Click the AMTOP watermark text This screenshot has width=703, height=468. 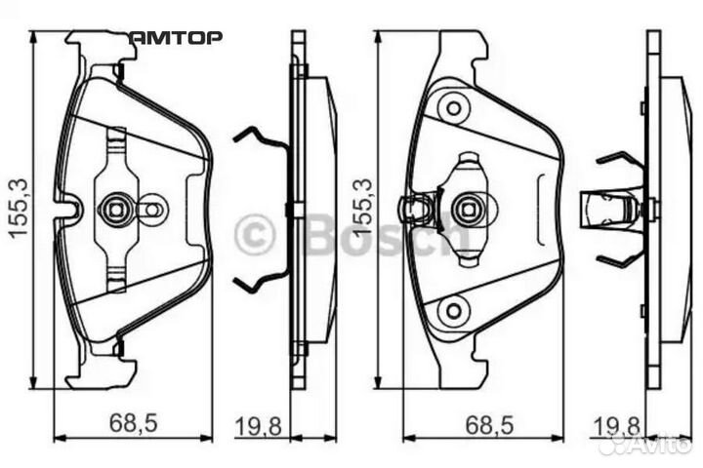(x=176, y=37)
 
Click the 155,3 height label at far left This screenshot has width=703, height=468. (x=17, y=208)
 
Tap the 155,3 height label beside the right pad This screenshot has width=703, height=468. (x=363, y=208)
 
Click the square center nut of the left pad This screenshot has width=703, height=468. (x=114, y=208)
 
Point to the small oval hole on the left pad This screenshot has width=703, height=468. (x=151, y=208)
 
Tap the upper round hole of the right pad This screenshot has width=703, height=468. (x=452, y=107)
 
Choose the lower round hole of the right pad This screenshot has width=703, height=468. (x=452, y=312)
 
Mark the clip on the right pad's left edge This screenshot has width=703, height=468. (x=416, y=208)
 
